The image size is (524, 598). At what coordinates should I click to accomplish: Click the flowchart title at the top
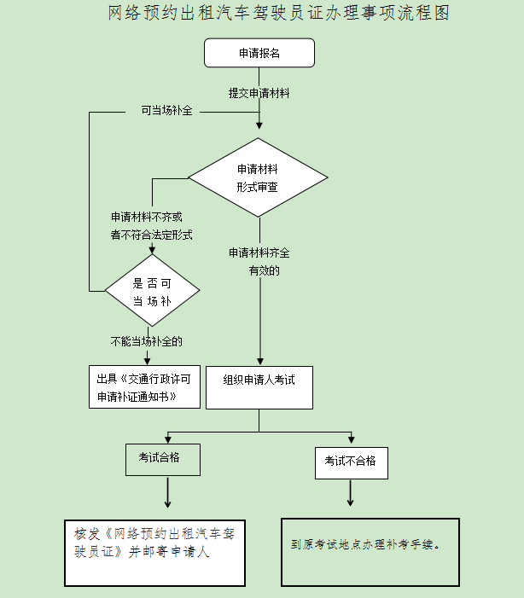point(279,14)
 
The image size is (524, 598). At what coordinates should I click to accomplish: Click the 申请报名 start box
point(259,53)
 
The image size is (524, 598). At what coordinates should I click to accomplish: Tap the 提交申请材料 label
point(259,93)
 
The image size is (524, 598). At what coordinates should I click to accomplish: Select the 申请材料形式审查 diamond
point(258,177)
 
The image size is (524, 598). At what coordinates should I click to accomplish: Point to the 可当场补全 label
point(166,111)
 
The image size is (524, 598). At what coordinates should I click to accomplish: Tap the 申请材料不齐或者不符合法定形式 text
point(151,226)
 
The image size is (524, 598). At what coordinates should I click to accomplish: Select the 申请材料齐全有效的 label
point(259,262)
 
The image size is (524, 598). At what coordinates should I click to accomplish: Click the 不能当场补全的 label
point(147,341)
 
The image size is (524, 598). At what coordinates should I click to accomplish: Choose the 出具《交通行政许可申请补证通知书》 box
point(144,387)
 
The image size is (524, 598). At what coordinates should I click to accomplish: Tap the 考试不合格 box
point(350,462)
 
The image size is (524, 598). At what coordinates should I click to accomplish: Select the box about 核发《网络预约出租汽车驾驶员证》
point(154,552)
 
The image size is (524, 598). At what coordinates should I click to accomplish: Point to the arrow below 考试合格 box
point(167,492)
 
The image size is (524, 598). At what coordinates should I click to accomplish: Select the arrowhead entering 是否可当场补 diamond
point(152,251)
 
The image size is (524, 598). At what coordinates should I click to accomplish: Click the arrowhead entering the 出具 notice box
point(147,361)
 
